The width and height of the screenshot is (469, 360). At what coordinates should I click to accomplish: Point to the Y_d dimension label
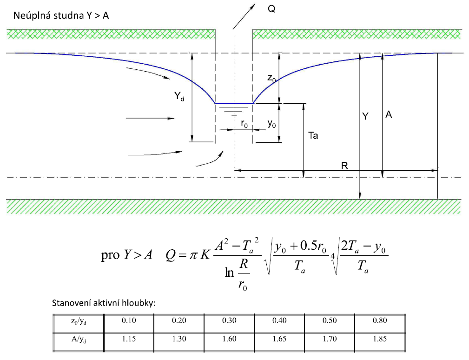coord(180,96)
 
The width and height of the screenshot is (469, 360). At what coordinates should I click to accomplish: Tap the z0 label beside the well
coord(271,79)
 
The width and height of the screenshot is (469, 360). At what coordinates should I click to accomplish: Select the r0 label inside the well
coord(244,124)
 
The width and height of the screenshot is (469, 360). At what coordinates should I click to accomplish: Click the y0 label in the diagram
coord(272,124)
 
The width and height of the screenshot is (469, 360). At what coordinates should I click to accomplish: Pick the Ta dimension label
coord(313,136)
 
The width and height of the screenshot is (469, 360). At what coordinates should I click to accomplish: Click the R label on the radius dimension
coord(344,166)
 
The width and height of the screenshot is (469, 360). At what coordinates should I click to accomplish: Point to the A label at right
coord(389,114)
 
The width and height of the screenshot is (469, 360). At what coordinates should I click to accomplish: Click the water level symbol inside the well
coord(233,110)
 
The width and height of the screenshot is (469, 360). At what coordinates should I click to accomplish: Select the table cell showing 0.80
coord(380,321)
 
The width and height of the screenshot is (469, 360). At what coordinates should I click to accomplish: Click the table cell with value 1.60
coord(229,339)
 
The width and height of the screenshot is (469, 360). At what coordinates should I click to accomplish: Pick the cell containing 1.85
coord(380,339)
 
